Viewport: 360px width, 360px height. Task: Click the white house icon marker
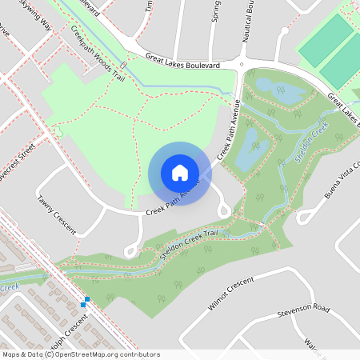[x=180, y=173]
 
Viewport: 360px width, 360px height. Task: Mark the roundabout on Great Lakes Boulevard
[x=241, y=65]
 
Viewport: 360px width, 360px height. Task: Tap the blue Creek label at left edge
[x=9, y=287]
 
